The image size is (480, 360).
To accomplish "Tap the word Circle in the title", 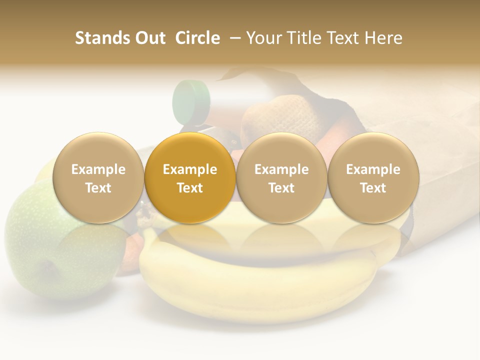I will click(x=197, y=38).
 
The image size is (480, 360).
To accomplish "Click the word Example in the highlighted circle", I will click(x=190, y=169).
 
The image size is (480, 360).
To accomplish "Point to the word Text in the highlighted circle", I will click(x=190, y=188).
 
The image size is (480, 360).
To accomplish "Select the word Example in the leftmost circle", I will click(x=98, y=169).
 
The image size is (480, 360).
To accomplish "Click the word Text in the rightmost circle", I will click(x=373, y=188).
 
